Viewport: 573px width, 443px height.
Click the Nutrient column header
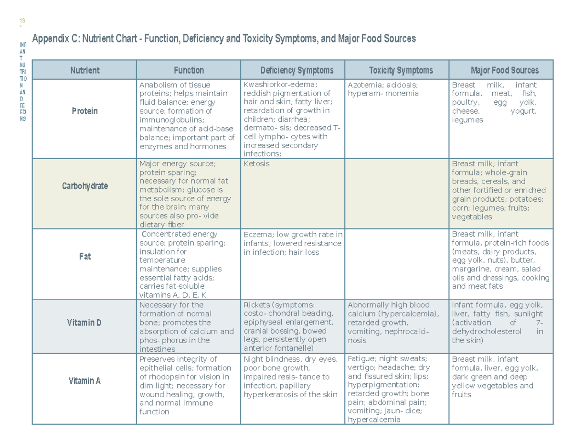click(x=85, y=70)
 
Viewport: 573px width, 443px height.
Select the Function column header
click(x=189, y=70)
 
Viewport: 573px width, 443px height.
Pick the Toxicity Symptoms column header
click(x=401, y=70)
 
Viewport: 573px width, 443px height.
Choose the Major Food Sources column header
click(x=504, y=70)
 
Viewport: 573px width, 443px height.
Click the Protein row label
click(x=85, y=111)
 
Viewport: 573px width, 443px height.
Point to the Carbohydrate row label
click(x=85, y=186)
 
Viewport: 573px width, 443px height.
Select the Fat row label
click(x=85, y=257)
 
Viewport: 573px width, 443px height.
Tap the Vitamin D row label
click(x=85, y=323)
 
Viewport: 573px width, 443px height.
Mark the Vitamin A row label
click(x=85, y=381)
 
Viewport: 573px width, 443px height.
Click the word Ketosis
click(x=256, y=164)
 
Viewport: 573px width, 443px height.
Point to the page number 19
click(x=21, y=21)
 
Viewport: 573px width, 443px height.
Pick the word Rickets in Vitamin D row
click(x=256, y=305)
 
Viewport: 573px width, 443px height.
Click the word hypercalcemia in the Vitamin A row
click(x=374, y=420)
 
